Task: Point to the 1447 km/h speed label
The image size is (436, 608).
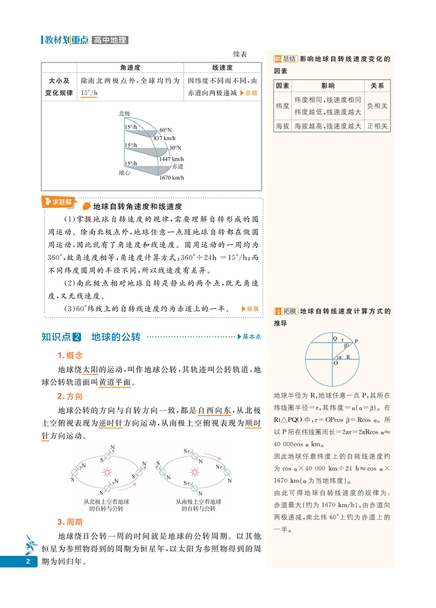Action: point(171,158)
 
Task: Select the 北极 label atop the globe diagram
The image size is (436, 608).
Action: point(124,113)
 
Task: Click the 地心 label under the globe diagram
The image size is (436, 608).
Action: point(124,173)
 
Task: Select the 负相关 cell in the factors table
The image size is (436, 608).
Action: point(377,106)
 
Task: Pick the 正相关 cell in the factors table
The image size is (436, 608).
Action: point(377,126)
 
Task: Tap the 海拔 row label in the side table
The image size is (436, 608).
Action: point(283,126)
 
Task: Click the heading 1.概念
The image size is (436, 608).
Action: point(70,355)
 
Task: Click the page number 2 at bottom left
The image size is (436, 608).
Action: point(27,561)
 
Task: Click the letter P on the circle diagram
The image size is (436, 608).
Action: point(356,342)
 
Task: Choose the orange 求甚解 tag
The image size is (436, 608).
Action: point(60,202)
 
